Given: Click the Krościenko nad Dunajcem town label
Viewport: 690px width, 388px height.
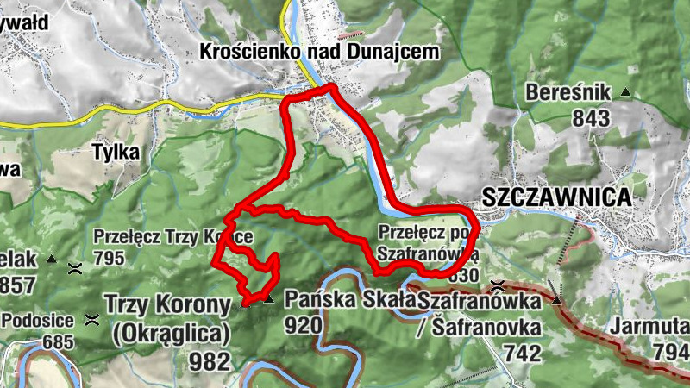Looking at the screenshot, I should (319, 52).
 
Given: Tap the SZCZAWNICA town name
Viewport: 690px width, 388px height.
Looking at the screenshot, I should (556, 197).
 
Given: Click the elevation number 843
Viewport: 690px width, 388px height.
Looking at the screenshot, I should (591, 118).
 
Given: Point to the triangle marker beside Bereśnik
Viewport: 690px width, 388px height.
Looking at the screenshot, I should (626, 92).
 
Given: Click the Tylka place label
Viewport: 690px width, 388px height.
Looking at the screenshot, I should (116, 152).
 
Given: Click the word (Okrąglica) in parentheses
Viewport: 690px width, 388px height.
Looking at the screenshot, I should (171, 332).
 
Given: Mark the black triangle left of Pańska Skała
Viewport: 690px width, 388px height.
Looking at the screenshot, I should (268, 299).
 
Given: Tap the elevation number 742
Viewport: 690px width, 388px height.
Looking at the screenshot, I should (522, 354).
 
